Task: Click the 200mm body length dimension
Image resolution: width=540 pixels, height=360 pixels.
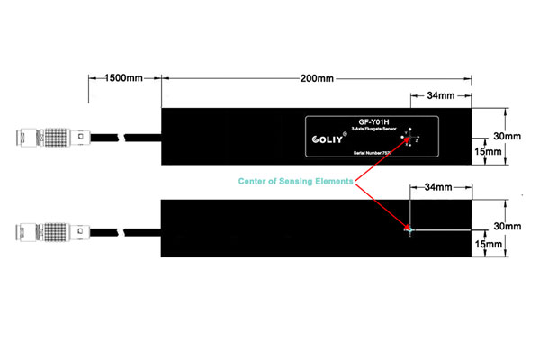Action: point(315,79)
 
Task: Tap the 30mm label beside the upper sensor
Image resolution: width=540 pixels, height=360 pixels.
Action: point(508,137)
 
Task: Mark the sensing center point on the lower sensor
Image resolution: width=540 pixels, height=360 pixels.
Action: point(409,230)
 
